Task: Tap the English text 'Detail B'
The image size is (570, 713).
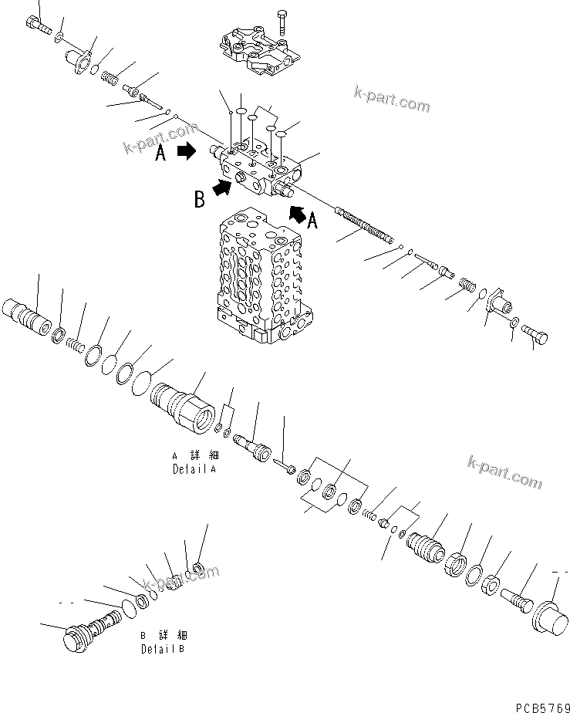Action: point(163,649)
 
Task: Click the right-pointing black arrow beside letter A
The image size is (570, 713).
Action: point(187,152)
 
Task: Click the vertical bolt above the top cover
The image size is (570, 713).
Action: point(283,22)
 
